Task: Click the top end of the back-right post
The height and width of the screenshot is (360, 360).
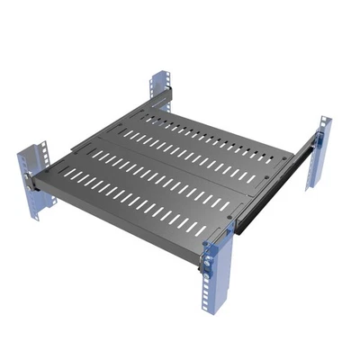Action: (322, 118)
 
